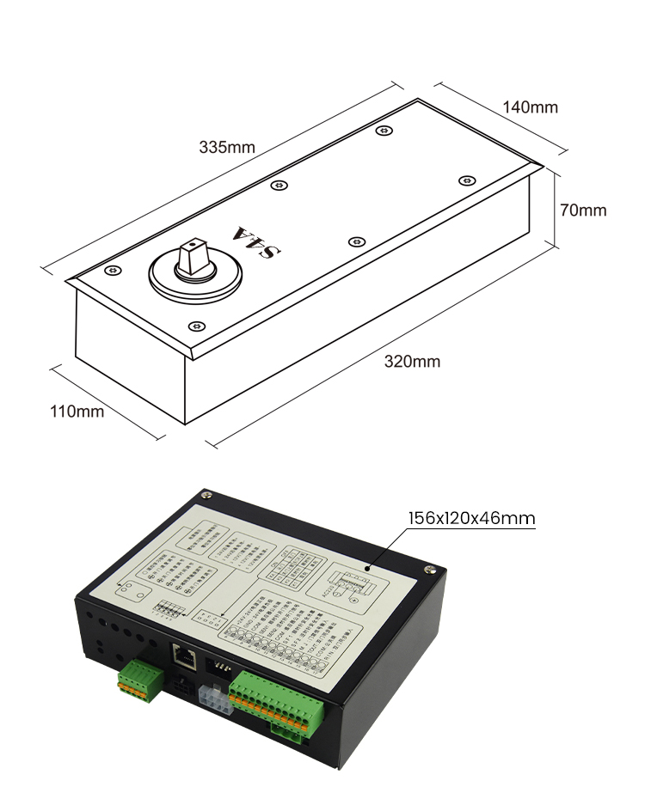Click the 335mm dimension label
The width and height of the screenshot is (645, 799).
(227, 147)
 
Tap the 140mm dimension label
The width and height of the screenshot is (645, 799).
(530, 107)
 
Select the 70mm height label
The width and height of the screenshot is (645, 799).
(582, 210)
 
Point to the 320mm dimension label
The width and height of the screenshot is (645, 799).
(412, 362)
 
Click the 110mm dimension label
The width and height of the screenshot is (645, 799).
(77, 412)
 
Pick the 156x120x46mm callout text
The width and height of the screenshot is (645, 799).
(471, 518)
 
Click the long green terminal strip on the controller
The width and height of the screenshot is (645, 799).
(278, 698)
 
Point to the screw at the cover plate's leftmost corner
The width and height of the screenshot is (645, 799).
(111, 271)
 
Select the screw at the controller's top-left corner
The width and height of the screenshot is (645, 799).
(206, 494)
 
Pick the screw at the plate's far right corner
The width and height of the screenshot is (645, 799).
(466, 180)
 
